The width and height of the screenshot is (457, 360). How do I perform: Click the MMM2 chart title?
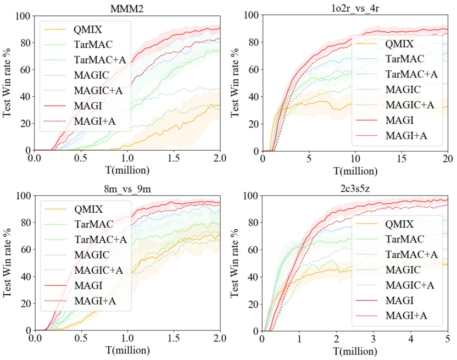(127, 6)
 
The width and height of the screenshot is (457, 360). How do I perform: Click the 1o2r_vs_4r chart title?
(355, 6)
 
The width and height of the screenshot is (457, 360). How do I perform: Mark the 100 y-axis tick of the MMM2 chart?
(24, 16)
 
